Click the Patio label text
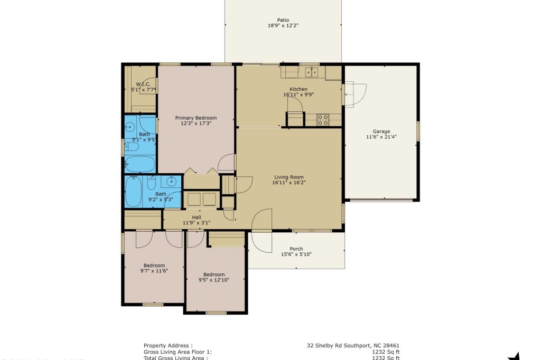pyautogui.click(x=283, y=20)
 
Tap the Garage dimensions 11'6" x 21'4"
pyautogui.click(x=381, y=137)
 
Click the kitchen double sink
pyautogui.click(x=311, y=71)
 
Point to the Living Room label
pyautogui.click(x=289, y=177)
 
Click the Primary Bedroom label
pyautogui.click(x=195, y=118)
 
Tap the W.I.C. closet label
pyautogui.click(x=143, y=84)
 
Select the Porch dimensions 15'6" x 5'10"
pyautogui.click(x=296, y=254)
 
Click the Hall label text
pyautogui.click(x=196, y=217)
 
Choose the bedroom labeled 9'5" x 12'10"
pyautogui.click(x=214, y=277)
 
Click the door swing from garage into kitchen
pyautogui.click(x=355, y=94)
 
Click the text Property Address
pyautogui.click(x=168, y=346)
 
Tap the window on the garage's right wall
pyautogui.click(x=417, y=131)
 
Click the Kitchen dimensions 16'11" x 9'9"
pyautogui.click(x=298, y=95)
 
